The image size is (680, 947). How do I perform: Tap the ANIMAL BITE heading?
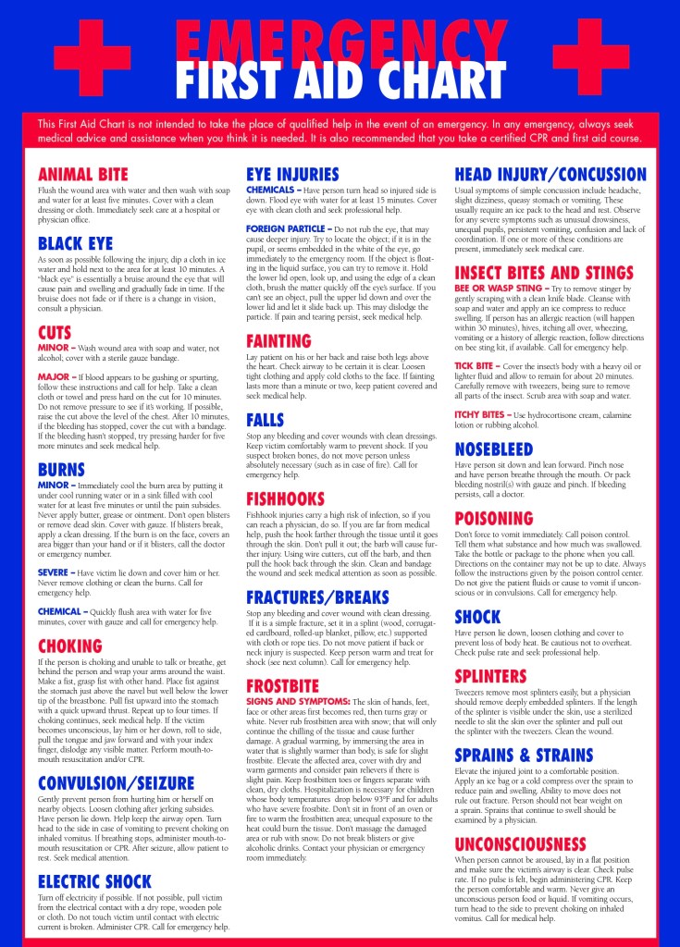click(x=83, y=175)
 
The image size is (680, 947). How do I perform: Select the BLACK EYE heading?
click(x=75, y=244)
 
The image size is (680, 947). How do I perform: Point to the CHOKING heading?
click(x=69, y=646)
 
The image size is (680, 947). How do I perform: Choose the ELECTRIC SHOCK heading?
click(x=95, y=880)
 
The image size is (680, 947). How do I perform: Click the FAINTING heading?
click(x=278, y=341)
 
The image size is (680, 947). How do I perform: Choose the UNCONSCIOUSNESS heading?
click(x=534, y=844)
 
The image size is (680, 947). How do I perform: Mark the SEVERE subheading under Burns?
click(x=55, y=573)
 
